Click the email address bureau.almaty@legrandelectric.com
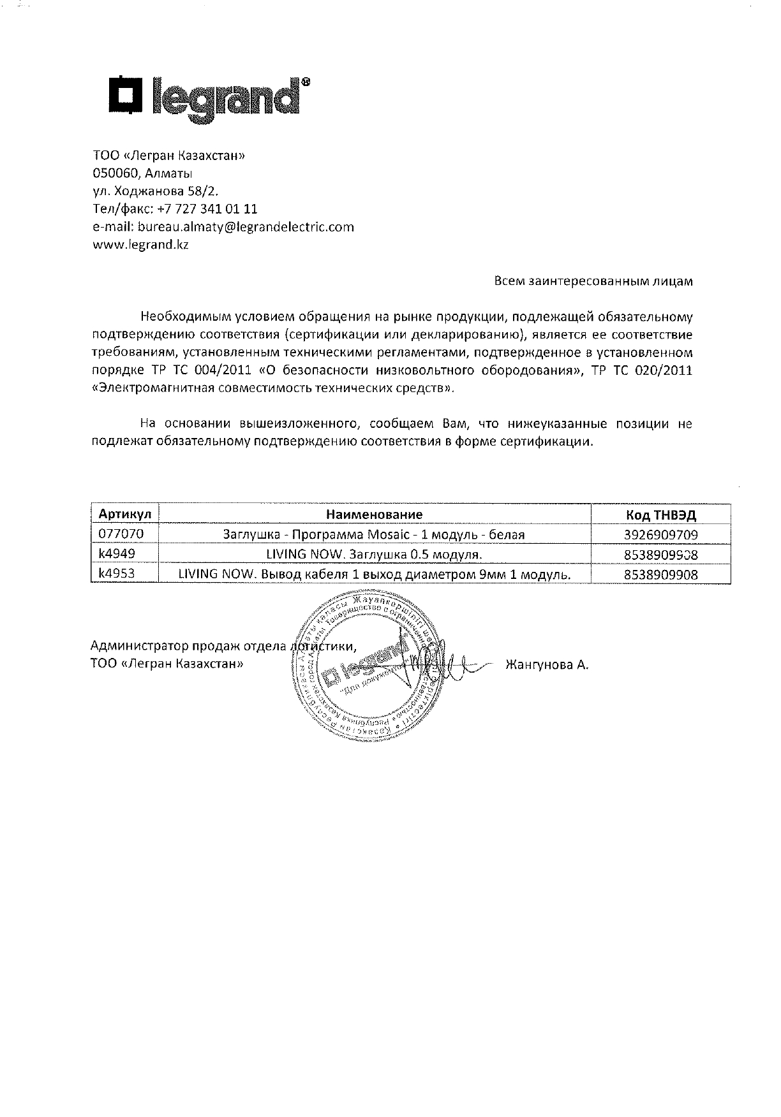[246, 227]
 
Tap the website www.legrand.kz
[141, 245]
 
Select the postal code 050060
[115, 173]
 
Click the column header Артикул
[124, 515]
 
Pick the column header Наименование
[375, 515]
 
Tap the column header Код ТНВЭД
[660, 515]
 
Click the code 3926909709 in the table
[660, 534]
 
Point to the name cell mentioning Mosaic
[374, 534]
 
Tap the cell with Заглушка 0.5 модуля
[374, 555]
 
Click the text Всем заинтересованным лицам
[593, 281]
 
